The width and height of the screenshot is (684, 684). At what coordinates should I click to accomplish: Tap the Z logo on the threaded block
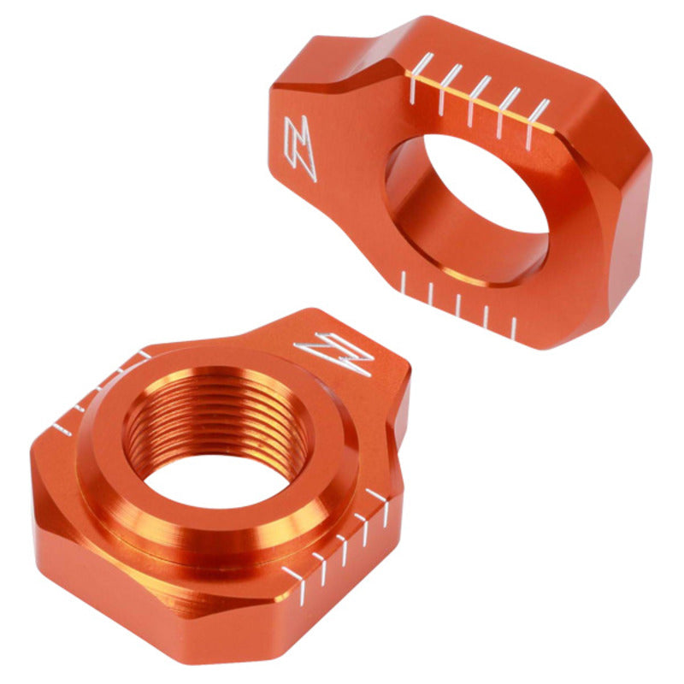[335, 353]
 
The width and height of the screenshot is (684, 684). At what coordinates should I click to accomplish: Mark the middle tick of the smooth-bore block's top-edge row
[480, 89]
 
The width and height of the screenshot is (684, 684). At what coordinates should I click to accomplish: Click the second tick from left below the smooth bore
[430, 295]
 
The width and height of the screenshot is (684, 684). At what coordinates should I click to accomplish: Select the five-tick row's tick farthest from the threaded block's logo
[295, 576]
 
